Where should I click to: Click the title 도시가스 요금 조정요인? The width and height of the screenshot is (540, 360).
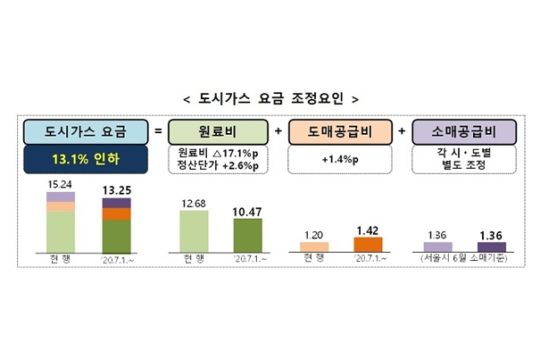tap(270, 98)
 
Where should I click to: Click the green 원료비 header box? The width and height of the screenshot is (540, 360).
tap(218, 132)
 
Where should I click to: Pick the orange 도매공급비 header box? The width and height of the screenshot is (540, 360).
tap(341, 132)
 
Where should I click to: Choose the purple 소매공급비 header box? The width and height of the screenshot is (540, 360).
tap(462, 132)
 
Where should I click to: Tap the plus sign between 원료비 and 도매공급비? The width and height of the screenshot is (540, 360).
tap(278, 132)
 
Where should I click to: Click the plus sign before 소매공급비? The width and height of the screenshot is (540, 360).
tap(403, 132)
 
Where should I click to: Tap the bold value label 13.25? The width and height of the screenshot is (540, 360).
tap(117, 189)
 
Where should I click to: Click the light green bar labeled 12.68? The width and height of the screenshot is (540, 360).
tap(194, 230)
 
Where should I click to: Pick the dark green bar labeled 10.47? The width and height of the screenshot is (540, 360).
tap(248, 234)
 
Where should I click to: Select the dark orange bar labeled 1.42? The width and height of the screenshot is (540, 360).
tap(368, 244)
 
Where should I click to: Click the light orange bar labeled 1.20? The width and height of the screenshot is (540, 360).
tap(314, 246)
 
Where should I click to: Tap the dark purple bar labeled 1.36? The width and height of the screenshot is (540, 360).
tap(491, 246)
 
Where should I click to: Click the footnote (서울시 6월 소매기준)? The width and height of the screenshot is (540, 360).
tap(463, 259)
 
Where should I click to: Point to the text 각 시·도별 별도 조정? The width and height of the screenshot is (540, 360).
tap(462, 162)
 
